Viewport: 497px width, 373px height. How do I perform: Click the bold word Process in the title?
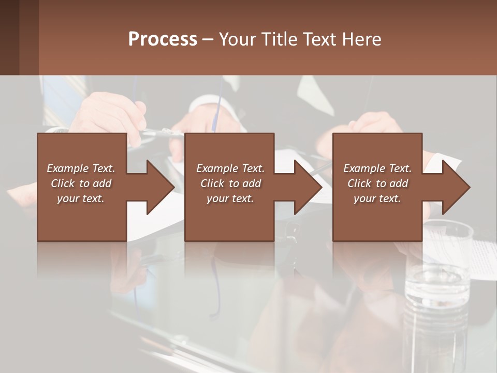tap(163, 39)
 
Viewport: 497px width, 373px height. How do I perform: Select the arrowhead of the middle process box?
tap(306, 187)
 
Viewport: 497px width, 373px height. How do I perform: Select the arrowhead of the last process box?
tap(455, 187)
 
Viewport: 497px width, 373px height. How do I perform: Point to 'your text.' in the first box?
tap(81, 198)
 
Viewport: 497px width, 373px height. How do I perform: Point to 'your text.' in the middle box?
tap(230, 198)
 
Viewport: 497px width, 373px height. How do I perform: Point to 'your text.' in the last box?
tap(377, 198)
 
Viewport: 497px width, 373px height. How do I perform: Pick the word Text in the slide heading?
tap(316, 39)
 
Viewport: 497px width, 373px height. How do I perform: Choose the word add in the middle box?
tap(252, 183)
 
